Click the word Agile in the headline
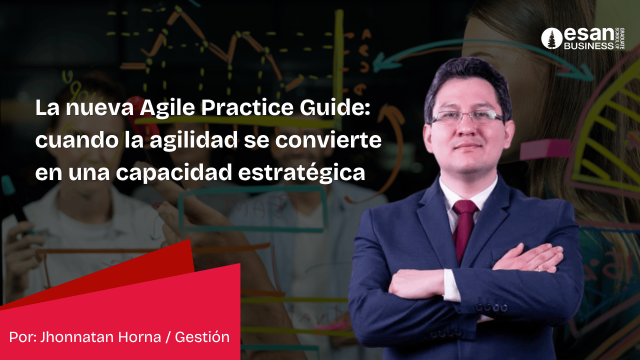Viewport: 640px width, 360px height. (x=167, y=108)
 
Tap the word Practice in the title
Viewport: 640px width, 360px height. (x=247, y=107)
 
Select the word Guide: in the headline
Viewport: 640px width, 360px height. (x=335, y=107)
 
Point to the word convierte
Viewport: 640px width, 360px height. (x=328, y=140)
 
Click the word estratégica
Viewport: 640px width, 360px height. (x=301, y=172)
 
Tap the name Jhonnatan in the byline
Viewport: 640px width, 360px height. (x=77, y=337)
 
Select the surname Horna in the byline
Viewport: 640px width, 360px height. (x=139, y=337)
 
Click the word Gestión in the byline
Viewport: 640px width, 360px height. (x=202, y=337)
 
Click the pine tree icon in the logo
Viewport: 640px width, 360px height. (x=551, y=38)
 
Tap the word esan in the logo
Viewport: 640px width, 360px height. (x=589, y=34)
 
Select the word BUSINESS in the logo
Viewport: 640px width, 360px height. (x=588, y=46)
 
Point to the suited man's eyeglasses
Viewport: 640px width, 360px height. (x=467, y=116)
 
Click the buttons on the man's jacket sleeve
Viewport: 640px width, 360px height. (x=491, y=308)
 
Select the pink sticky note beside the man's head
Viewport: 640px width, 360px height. (x=545, y=149)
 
